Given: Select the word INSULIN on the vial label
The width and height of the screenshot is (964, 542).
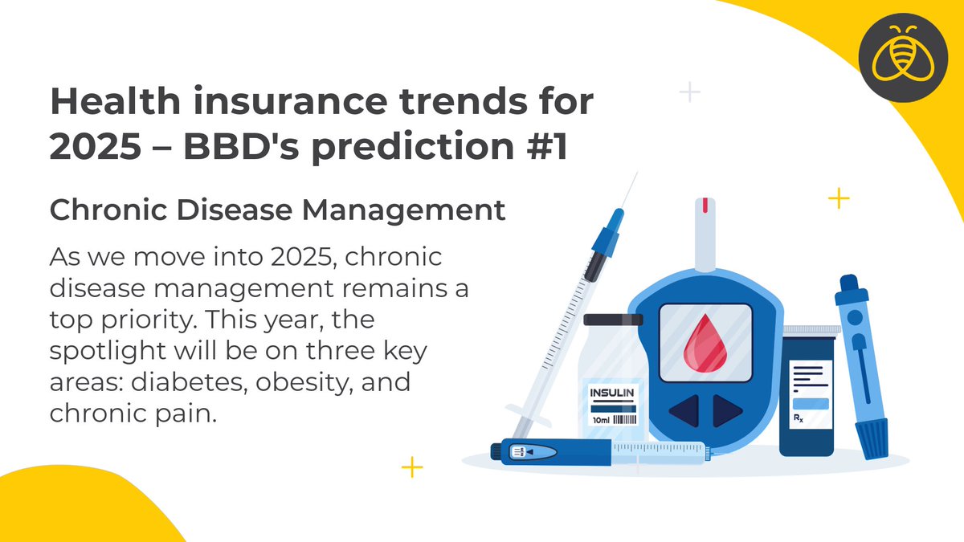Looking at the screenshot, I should point(613,393).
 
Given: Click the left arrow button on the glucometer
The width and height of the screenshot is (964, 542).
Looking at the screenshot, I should point(684,411).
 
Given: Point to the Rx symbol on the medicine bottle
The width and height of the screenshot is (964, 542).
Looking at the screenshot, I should point(799,418).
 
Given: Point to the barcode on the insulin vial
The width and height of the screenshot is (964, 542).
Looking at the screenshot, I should point(625,420).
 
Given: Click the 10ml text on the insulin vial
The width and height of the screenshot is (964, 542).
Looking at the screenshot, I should point(599,420).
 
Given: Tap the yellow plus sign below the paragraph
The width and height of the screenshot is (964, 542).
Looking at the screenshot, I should point(412,467).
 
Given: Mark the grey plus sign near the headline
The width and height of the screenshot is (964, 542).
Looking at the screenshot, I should point(689,92).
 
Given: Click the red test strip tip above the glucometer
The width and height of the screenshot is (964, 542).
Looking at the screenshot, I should point(705,206).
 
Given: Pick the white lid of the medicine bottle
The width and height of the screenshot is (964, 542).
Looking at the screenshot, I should point(809,330).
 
